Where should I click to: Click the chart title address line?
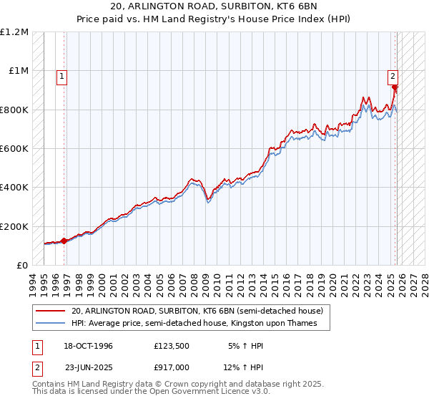[x=214, y=6]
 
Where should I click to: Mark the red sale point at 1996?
[x=64, y=241]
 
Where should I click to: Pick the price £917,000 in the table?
[x=172, y=367]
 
